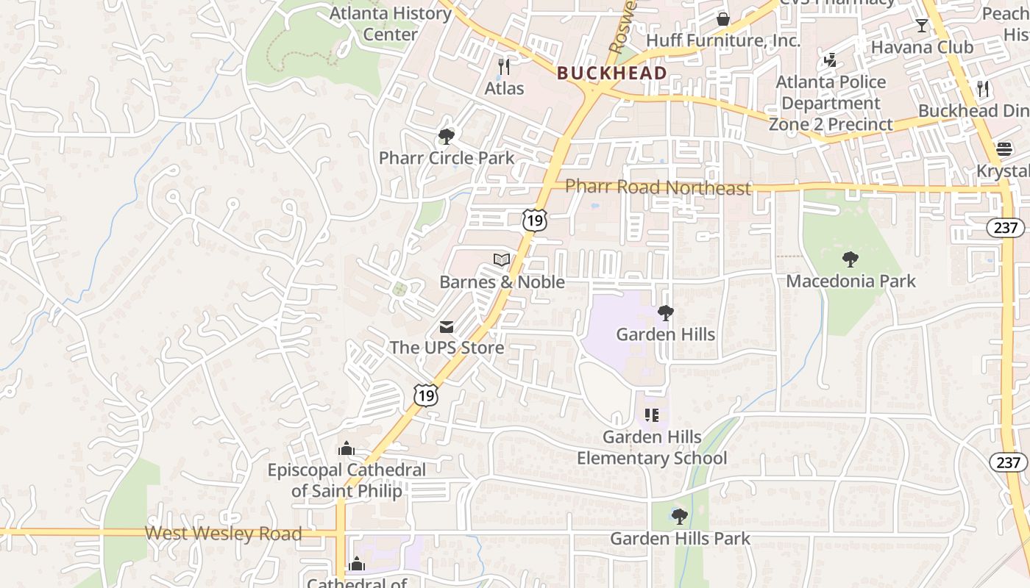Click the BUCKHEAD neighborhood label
point(612,73)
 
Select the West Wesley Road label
point(223,534)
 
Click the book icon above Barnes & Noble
point(502,260)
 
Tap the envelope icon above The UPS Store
point(447,326)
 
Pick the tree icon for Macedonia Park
point(850,259)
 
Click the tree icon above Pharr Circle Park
point(446,136)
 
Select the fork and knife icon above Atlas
point(504,66)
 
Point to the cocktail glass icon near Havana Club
point(921,26)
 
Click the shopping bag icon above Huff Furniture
point(723,18)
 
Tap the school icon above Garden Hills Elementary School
point(651,415)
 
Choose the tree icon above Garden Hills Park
point(680,516)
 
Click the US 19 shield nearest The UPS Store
point(426,395)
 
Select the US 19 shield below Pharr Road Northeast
point(535,219)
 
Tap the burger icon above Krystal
point(1004,149)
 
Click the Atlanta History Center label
point(391,24)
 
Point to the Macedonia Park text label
point(851,281)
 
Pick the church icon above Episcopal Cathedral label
point(347,448)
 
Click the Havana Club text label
point(922,47)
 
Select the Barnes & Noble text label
point(502,282)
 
